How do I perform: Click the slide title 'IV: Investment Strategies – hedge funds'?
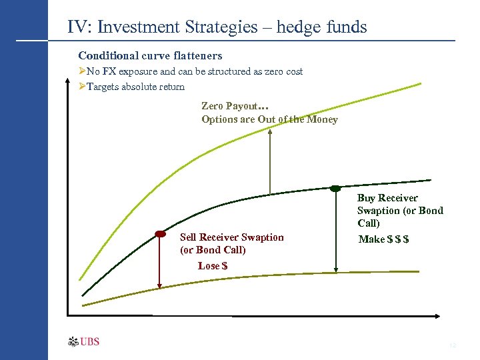coord(217,27)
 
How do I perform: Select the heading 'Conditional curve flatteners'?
coord(150,55)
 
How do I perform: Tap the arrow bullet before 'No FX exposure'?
coord(81,71)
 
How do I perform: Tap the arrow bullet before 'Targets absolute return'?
coord(81,87)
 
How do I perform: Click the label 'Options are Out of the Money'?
coord(269,120)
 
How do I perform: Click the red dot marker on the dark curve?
coord(160,234)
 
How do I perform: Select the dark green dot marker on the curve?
coord(335,188)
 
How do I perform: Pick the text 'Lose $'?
coord(212,266)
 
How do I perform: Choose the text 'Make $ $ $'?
coord(383,239)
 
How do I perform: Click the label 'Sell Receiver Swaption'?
coord(231,237)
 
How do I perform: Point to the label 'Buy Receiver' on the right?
coord(387,198)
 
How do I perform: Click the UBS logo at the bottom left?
coord(84,342)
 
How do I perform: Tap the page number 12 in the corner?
coord(453,345)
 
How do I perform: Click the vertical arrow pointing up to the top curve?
coord(269,160)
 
